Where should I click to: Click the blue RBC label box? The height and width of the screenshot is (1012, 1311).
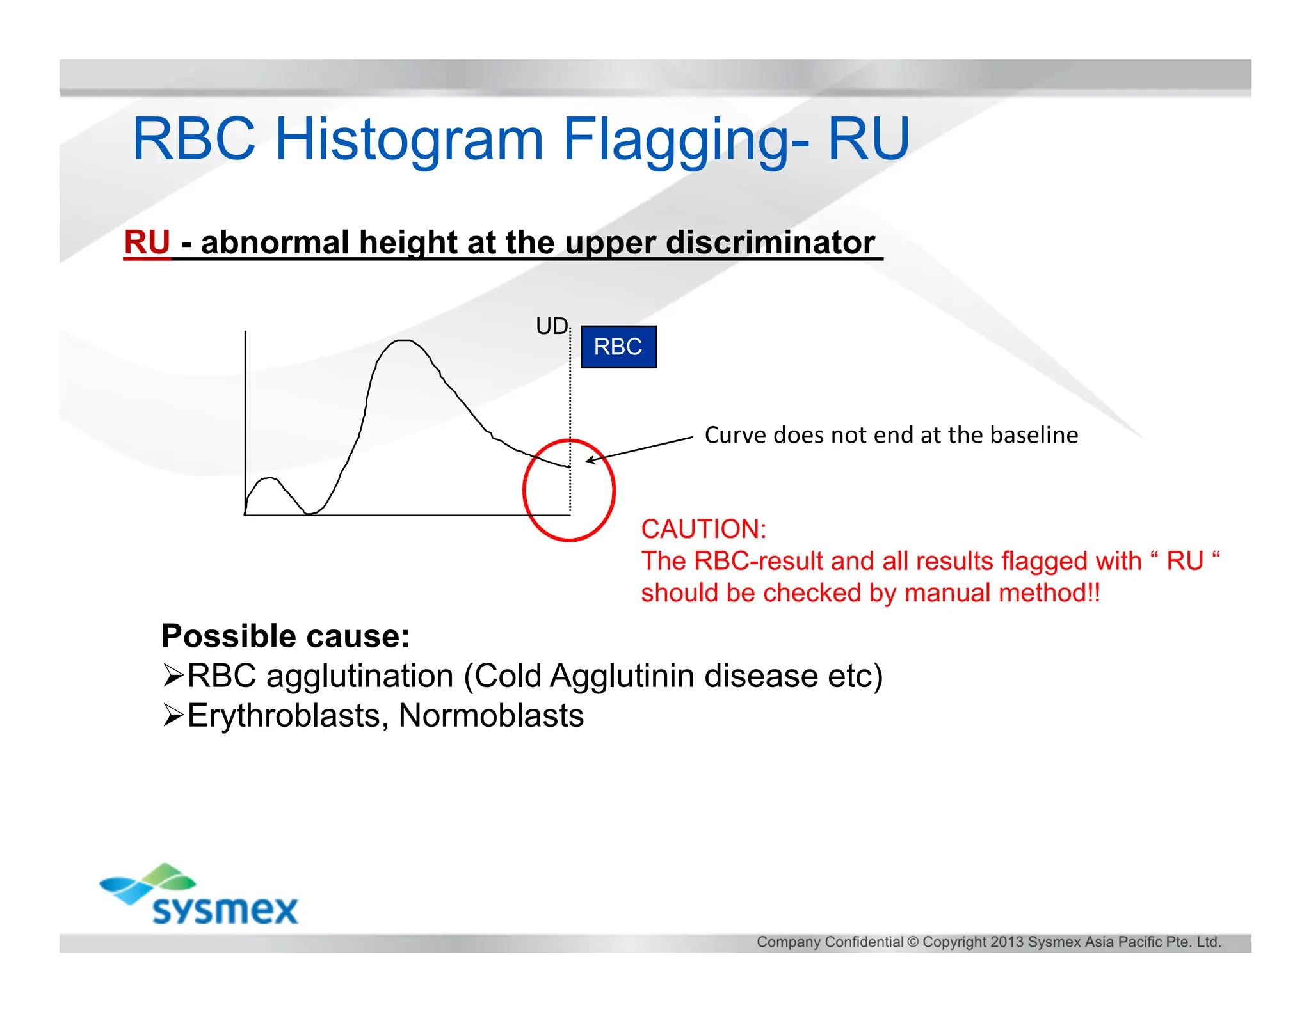click(x=618, y=347)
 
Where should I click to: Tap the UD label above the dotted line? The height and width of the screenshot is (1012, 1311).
click(x=551, y=326)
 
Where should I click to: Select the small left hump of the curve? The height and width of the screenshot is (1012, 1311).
click(x=269, y=479)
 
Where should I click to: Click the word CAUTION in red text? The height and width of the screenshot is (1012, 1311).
click(x=703, y=529)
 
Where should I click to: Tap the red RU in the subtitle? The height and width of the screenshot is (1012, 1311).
click(x=147, y=242)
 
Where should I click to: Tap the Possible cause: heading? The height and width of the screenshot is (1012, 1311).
click(x=286, y=636)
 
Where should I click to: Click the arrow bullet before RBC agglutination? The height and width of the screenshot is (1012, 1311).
click(x=173, y=676)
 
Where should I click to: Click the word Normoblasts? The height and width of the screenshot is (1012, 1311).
click(x=491, y=715)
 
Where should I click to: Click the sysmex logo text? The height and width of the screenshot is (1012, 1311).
click(x=225, y=910)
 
